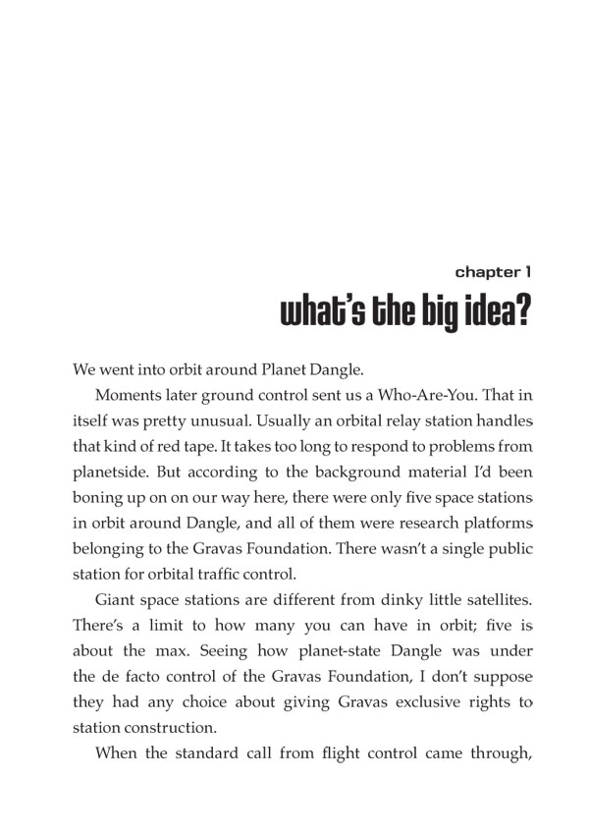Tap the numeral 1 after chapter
click(528, 271)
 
